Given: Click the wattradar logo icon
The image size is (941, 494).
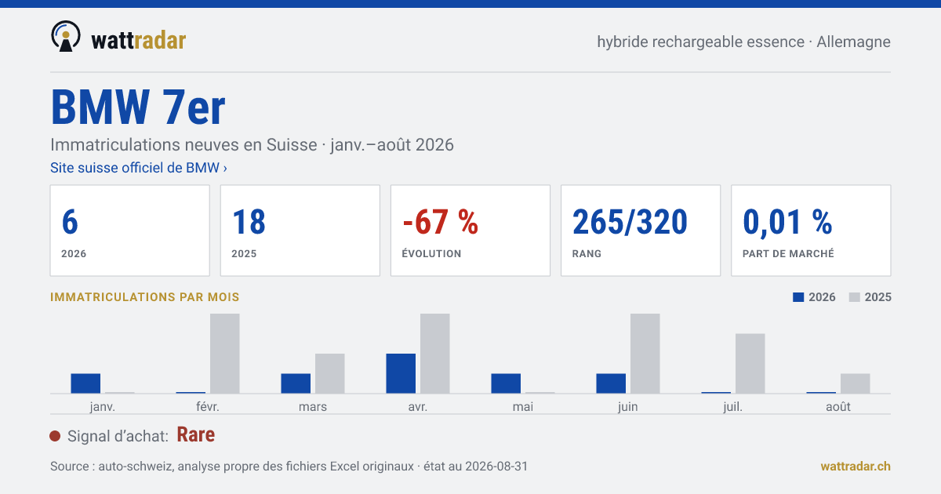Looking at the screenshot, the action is [x=66, y=36].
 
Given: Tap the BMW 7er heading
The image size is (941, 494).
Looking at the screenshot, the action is [x=138, y=107].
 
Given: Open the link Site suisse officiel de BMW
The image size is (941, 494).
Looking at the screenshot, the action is [x=139, y=168].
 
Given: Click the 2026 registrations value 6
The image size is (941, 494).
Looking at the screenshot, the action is [x=70, y=222].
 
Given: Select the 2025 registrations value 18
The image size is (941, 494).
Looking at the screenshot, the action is [x=249, y=222].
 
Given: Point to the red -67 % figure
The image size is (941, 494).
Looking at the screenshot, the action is [x=440, y=222].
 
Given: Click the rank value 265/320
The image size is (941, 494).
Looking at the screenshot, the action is [x=630, y=222].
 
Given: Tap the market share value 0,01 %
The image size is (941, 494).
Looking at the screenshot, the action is [x=787, y=223].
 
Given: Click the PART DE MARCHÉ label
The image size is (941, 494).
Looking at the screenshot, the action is [x=788, y=253].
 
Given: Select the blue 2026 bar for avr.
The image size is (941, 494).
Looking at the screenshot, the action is [x=401, y=373].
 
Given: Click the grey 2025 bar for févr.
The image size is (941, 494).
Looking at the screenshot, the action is [x=225, y=354].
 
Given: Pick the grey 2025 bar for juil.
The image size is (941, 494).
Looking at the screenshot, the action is [x=750, y=363].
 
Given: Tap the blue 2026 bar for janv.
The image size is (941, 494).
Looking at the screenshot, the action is [x=85, y=383].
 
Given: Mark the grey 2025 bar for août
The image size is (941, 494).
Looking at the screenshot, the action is [x=856, y=383].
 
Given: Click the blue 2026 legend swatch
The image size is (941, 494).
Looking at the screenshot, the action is [x=798, y=297].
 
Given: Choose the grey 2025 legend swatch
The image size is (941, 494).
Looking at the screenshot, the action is [x=855, y=297].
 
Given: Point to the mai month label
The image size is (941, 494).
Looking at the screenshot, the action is [x=523, y=407].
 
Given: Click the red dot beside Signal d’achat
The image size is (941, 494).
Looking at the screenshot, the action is [x=55, y=436].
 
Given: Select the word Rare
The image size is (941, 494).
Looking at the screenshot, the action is [x=196, y=434].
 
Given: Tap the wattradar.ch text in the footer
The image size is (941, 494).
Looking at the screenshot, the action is [x=856, y=467].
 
